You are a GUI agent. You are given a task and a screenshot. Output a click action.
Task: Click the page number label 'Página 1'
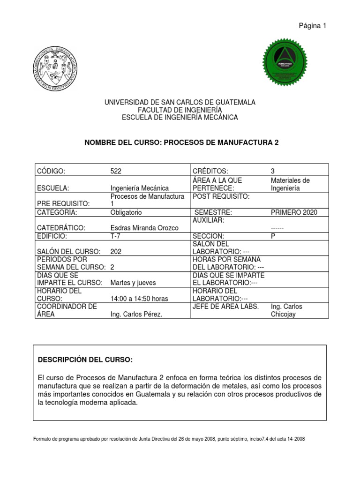tap(312, 26)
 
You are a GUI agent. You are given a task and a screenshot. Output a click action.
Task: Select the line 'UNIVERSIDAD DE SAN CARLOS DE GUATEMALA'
tap(180, 102)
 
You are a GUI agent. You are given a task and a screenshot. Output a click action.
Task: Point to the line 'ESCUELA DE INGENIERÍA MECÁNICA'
tap(180, 118)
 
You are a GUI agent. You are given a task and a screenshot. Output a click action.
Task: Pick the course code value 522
tap(116, 172)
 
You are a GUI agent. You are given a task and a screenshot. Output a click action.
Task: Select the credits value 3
tap(273, 172)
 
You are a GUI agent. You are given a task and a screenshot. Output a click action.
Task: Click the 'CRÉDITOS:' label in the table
tap(208, 172)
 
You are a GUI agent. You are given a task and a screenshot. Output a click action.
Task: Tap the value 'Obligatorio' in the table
tap(126, 212)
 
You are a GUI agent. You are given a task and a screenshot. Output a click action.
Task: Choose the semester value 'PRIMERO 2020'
tap(294, 212)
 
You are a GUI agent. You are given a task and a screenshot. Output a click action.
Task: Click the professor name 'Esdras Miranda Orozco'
tap(144, 227)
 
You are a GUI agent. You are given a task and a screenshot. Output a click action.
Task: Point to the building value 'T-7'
tap(115, 236)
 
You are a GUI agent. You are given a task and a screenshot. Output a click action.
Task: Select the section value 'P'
tap(273, 236)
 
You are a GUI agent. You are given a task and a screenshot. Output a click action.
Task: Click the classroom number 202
tap(116, 251)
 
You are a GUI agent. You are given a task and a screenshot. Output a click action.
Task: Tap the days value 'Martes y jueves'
tap(133, 283)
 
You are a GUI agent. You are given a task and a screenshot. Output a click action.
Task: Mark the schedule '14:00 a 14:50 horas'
tap(139, 299)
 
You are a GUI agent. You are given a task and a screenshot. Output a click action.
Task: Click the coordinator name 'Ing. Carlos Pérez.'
tap(136, 314)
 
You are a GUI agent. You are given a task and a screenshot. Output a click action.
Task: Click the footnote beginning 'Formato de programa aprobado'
tap(169, 439)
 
